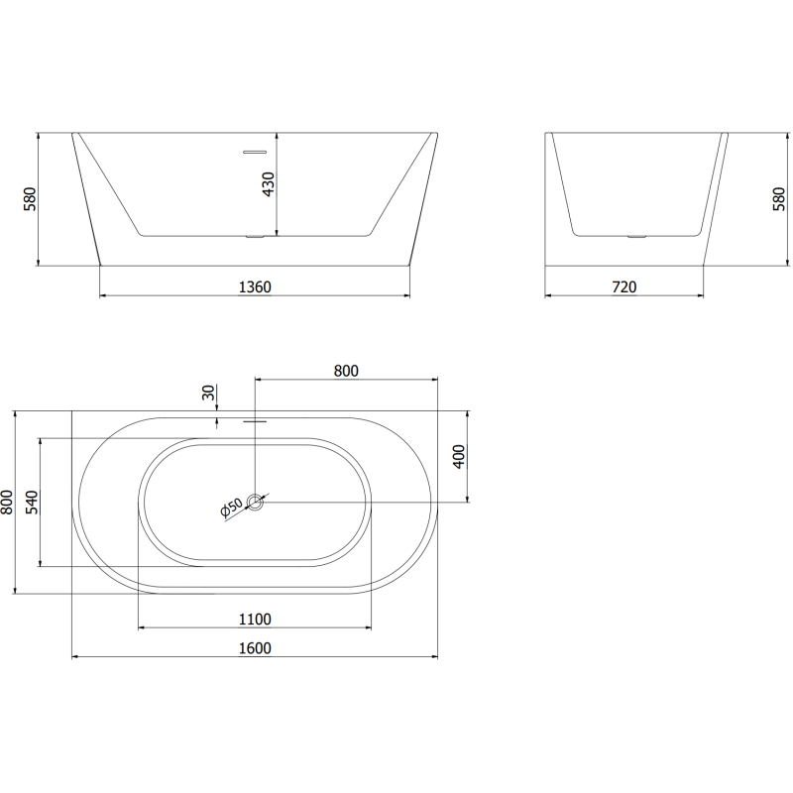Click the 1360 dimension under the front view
coord(255,287)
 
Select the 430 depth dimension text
coord(268,184)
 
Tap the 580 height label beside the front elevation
coord(30,199)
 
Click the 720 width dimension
coord(624,287)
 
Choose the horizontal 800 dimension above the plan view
coord(346,371)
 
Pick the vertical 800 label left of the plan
coord(8,503)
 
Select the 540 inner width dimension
coord(31,503)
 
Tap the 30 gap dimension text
coord(209,393)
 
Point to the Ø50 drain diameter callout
coord(231,509)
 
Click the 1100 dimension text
coord(255,620)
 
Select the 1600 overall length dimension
coord(255,648)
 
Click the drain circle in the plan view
coord(256,503)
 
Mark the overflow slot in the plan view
coord(255,420)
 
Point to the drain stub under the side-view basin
coord(634,237)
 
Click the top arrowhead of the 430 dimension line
coord(278,135)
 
